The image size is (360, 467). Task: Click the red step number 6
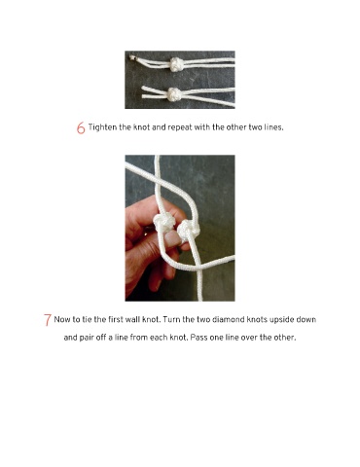[81, 127]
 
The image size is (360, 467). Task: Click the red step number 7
[48, 319]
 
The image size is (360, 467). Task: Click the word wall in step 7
[133, 319]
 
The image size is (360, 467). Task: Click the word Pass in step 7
[198, 338]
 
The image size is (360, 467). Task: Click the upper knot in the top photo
[176, 64]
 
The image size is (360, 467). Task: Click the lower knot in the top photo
[174, 94]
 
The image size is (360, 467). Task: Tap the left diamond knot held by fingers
[164, 223]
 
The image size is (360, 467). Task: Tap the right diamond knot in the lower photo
[189, 231]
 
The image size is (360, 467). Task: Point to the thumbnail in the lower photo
[171, 239]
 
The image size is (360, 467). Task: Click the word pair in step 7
[87, 338]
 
